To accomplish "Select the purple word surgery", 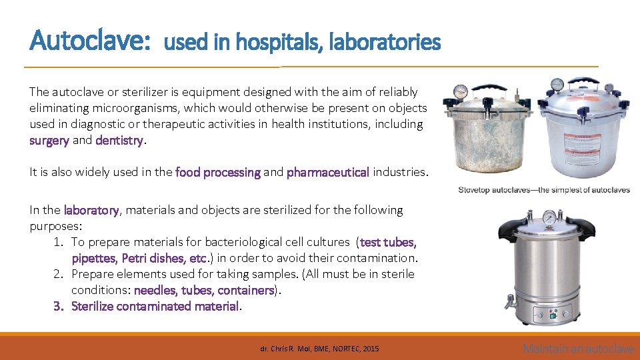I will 49,141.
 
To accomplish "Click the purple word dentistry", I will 119,141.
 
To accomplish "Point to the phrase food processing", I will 218,173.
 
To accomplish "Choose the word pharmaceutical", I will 327,173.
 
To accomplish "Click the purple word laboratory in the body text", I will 91,211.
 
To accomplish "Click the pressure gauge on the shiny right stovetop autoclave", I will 556,84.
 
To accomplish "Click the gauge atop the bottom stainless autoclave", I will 549,217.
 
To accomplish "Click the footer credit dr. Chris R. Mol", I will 319,349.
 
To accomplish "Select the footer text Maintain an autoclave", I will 578,349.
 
